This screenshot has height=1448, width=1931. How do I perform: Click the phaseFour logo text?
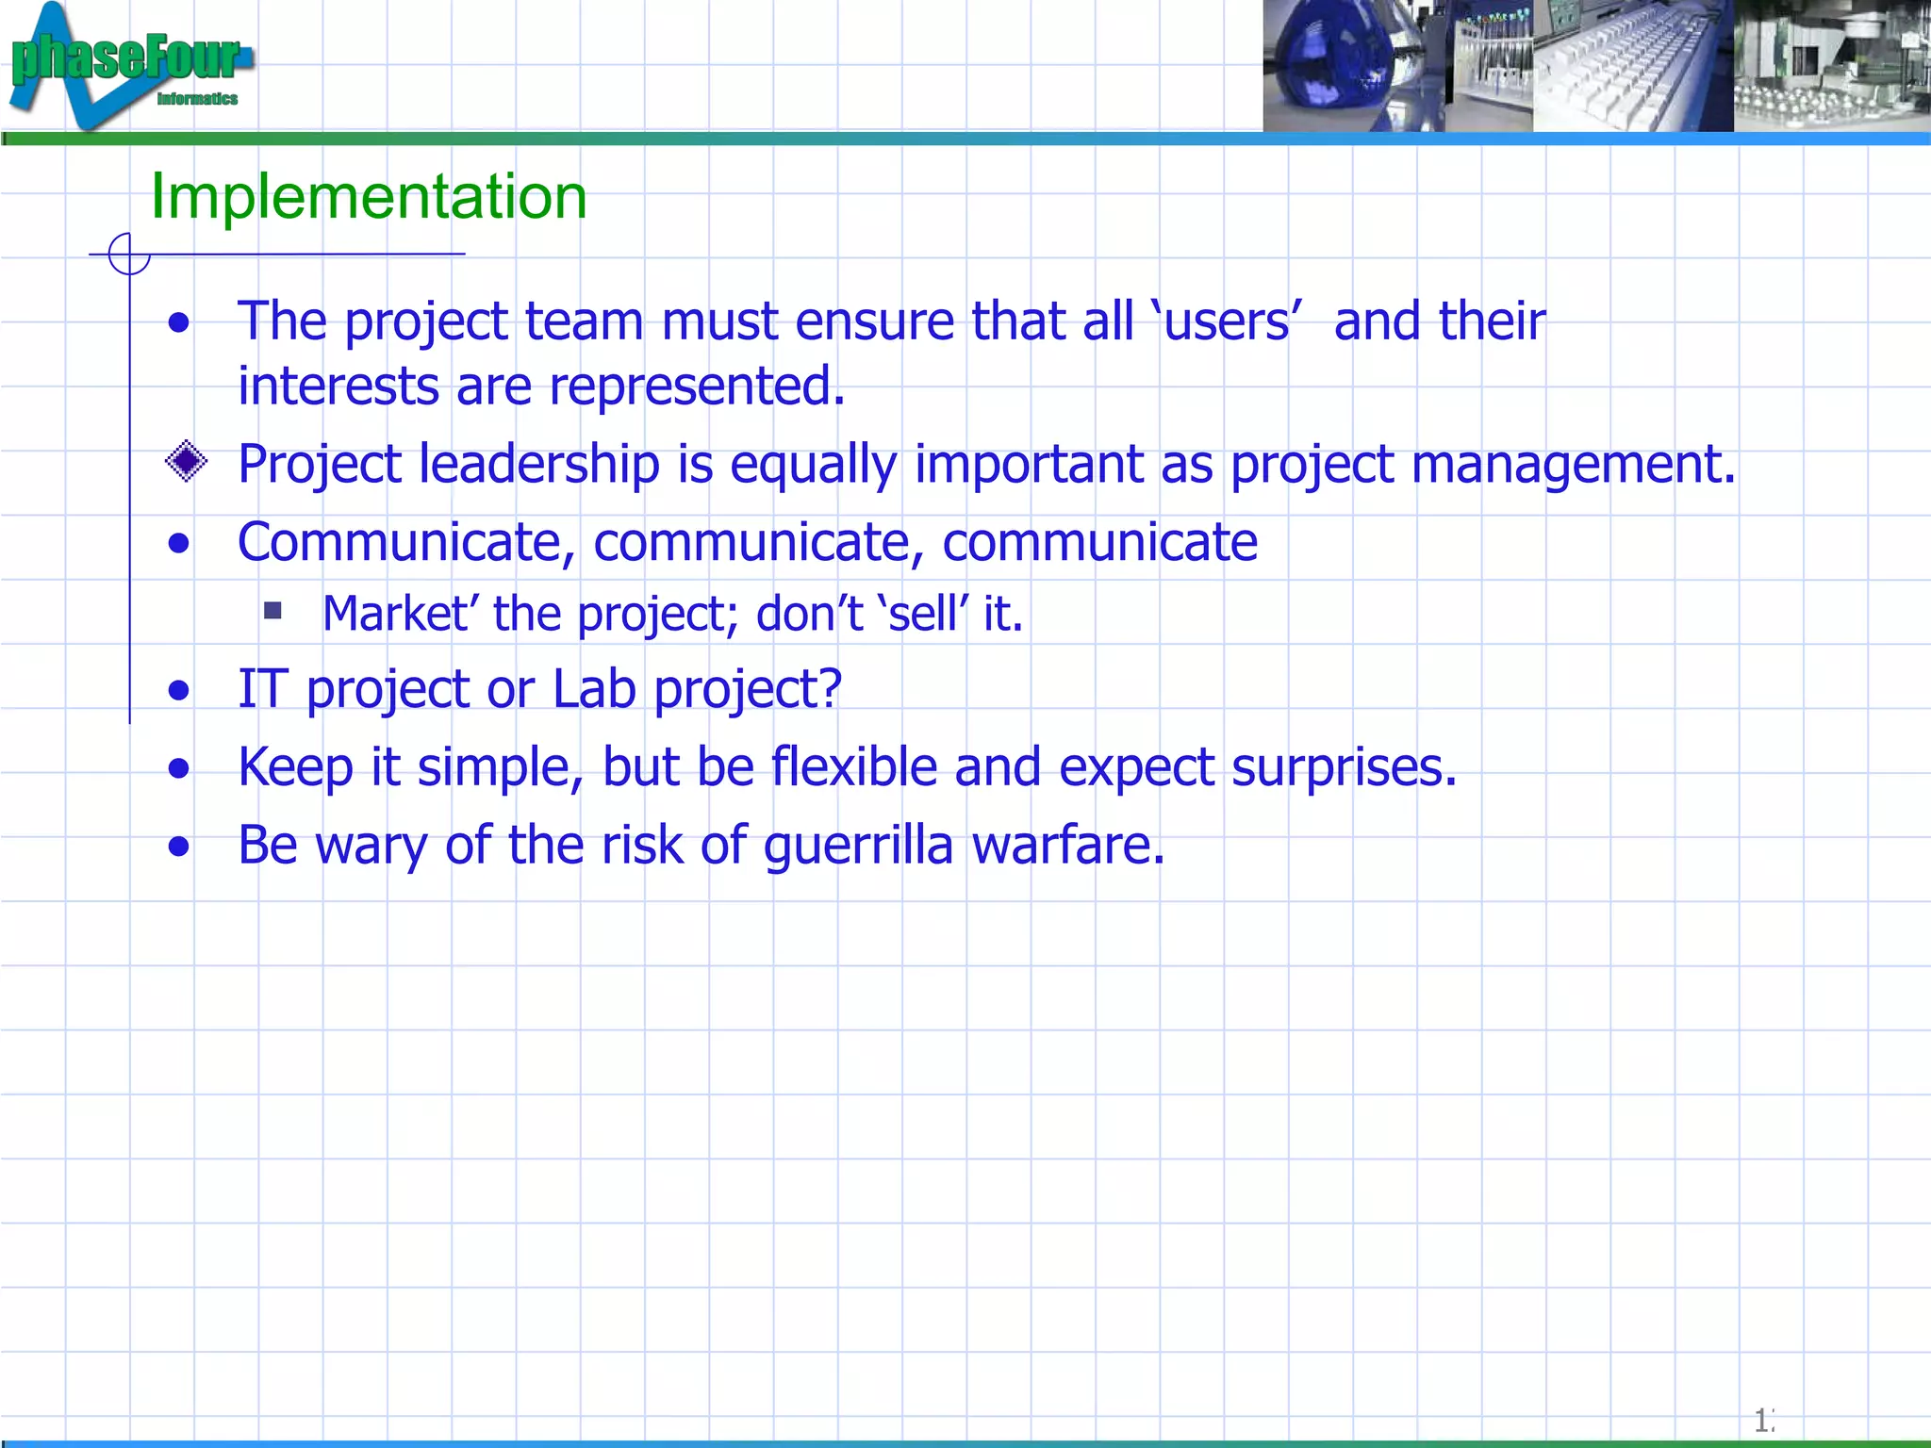coord(126,58)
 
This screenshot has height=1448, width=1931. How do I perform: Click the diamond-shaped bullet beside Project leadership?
coord(186,462)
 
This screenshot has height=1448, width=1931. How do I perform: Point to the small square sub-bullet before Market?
coord(273,611)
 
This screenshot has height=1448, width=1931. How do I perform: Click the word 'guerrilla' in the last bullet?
coord(858,845)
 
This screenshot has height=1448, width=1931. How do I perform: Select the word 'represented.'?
coord(697,387)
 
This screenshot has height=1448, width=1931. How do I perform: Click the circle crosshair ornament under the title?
coord(129,255)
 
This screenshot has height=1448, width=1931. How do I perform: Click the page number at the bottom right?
coord(1762,1420)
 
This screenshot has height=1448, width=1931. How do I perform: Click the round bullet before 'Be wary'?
coord(179,847)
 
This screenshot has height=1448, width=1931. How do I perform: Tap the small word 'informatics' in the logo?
coord(197,99)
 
